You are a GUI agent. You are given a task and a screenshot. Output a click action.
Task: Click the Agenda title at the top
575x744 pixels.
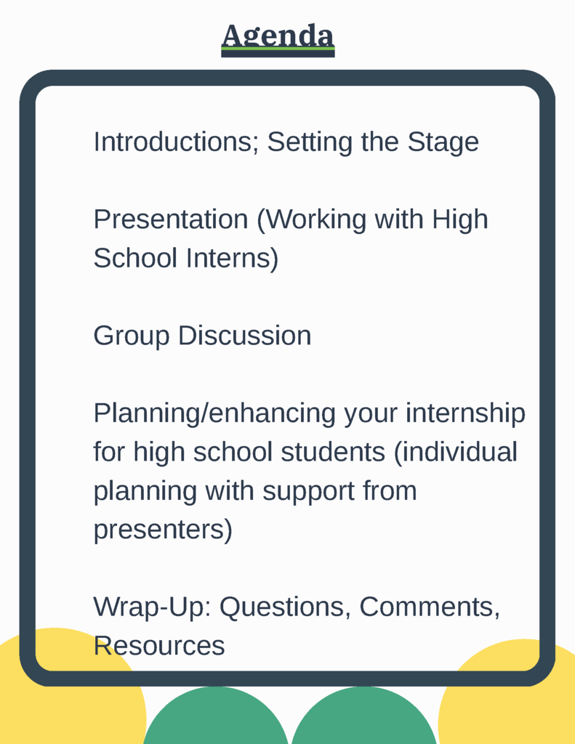point(278,36)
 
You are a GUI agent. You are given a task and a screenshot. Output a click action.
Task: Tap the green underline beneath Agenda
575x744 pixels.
point(278,49)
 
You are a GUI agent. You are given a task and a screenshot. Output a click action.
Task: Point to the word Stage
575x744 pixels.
point(443,142)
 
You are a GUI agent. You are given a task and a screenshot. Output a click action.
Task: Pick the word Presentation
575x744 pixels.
point(171,219)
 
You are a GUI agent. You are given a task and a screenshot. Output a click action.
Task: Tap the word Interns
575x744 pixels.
point(232,258)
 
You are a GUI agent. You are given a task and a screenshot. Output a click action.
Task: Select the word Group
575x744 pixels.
point(132,336)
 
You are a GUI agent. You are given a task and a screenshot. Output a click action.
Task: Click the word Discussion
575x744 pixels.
point(245,336)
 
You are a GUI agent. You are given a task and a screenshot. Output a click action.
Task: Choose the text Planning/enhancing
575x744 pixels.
point(214,413)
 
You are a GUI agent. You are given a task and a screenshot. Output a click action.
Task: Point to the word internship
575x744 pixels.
point(465,413)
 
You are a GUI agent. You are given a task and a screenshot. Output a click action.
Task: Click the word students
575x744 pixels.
point(333,452)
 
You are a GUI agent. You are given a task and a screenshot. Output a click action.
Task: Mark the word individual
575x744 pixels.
point(455,452)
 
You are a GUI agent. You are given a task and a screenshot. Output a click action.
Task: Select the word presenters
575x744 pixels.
point(163,530)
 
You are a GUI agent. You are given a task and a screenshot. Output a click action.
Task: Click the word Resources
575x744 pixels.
point(159,646)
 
